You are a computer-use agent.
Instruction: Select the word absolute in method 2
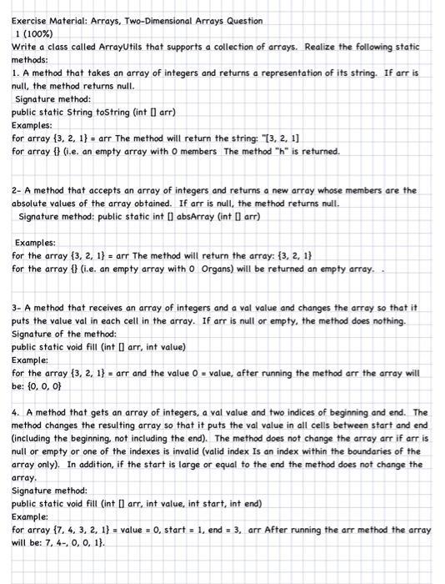[36, 204]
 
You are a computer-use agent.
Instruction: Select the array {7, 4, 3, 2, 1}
[72, 530]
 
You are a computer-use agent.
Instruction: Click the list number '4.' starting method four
[17, 412]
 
